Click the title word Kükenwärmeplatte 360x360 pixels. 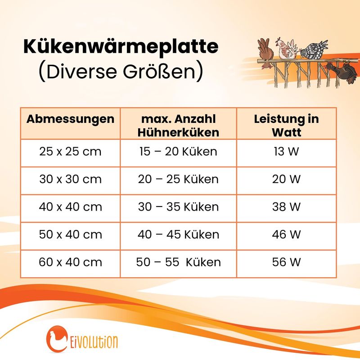121,47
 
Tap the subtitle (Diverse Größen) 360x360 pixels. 121,72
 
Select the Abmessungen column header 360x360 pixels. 70,119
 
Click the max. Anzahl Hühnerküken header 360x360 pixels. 178,126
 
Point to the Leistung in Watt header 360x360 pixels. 286,126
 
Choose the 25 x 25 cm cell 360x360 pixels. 70,152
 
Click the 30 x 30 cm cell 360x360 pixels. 70,179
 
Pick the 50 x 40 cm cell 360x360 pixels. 70,234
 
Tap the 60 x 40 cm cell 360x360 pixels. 70,262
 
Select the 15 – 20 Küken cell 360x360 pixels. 178,152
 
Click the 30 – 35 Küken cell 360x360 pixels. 178,207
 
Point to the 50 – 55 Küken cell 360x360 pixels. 178,262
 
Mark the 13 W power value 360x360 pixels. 286,152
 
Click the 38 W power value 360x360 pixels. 286,207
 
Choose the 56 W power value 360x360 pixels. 286,262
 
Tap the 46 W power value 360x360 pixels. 286,234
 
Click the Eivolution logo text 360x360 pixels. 93,342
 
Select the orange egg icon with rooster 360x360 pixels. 57,339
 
